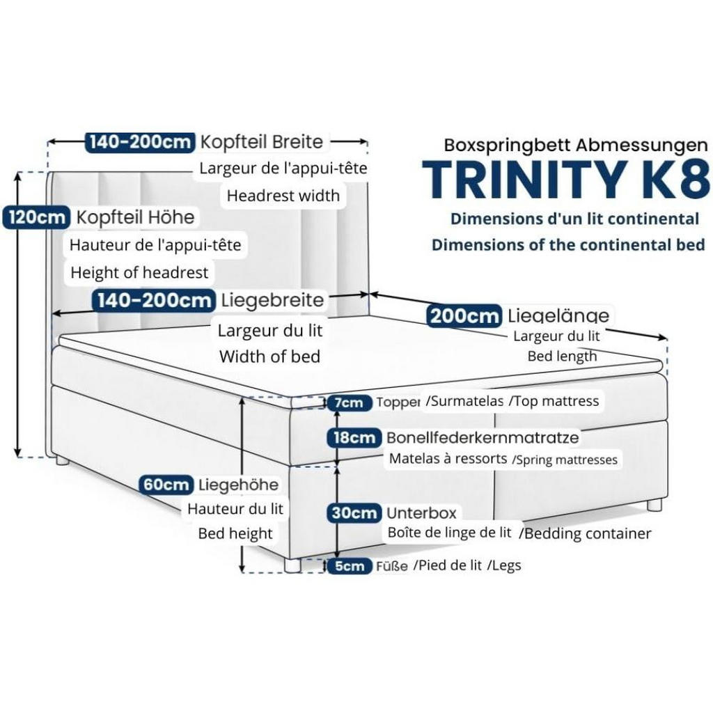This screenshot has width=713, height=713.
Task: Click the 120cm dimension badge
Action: point(36,217)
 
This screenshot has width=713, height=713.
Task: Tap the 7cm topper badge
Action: point(350,402)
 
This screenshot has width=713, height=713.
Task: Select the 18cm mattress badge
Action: point(354,438)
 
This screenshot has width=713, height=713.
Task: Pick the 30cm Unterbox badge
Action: point(354,513)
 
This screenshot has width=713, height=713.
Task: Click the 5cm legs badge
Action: point(350,566)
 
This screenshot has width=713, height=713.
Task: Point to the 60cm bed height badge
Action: point(166,485)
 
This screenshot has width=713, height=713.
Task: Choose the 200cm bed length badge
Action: point(464,315)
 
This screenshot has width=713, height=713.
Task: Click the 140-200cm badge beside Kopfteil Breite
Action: point(140,142)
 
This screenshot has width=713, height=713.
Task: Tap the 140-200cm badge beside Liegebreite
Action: point(154,300)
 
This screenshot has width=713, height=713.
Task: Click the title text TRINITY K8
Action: point(565,179)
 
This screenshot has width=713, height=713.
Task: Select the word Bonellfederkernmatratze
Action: point(483,437)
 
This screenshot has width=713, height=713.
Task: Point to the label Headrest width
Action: point(283,196)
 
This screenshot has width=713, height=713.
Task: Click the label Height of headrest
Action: point(139,272)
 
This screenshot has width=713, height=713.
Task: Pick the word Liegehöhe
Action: point(238,485)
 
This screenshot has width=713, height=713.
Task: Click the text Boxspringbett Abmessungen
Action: point(576,145)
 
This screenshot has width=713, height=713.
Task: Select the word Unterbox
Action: point(421,513)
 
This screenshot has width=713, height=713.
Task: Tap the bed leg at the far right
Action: point(655,504)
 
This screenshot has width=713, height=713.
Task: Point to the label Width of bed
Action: point(269,356)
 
